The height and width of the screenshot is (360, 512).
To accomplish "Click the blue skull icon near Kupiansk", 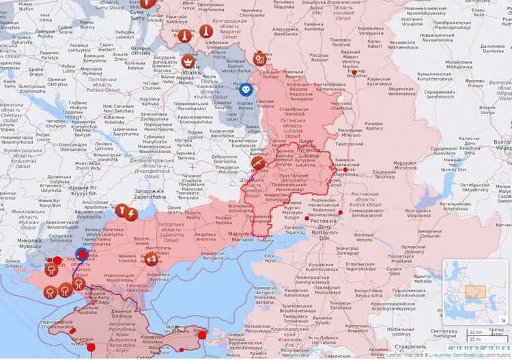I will click(x=244, y=89).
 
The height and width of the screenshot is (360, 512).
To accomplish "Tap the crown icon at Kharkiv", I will click(x=187, y=62).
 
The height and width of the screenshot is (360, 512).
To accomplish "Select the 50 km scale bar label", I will click(x=476, y=332).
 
